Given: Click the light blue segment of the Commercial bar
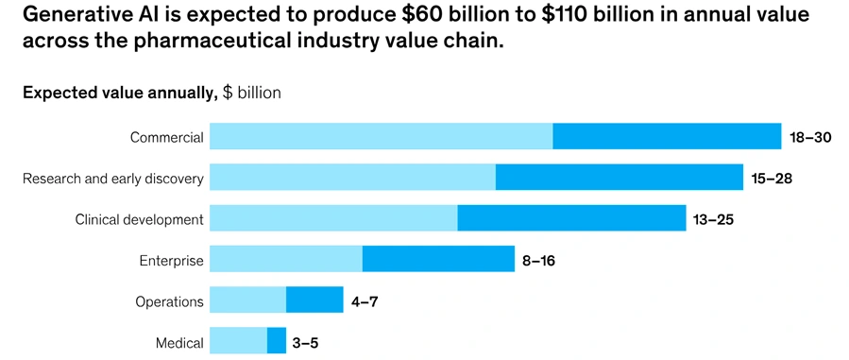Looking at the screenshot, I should point(381,136).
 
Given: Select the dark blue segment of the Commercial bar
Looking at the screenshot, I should point(667,136).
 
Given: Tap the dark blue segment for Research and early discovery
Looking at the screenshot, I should point(620,177).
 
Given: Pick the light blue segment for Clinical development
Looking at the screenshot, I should point(333,218).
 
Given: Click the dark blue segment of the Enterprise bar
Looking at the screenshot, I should point(438,259).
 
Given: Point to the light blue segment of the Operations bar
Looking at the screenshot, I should point(247,300).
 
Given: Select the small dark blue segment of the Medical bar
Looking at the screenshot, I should point(277,341).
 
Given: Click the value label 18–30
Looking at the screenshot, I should point(810,137).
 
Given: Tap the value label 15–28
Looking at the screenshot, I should point(772,178).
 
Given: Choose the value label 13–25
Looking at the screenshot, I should point(713,219).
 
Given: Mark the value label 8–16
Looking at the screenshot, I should point(538,260).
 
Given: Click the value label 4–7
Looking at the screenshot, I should point(365,301).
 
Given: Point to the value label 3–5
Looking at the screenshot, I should point(305,342).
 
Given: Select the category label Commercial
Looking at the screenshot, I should point(166,137).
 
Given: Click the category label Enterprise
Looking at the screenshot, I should point(171,261).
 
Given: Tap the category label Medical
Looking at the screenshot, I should point(179,343).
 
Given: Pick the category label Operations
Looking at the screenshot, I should point(169,301).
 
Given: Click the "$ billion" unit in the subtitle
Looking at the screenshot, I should point(251,93).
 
